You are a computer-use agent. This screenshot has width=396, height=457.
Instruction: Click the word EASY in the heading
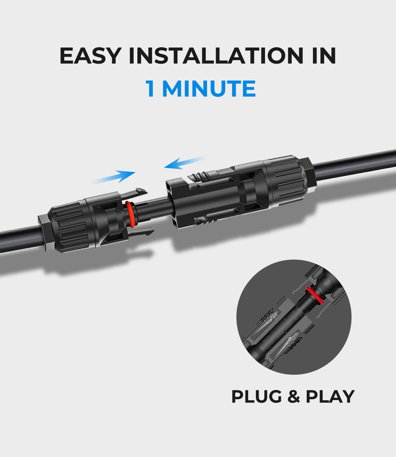[90, 55]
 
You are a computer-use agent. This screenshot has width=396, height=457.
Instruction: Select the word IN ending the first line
[324, 55]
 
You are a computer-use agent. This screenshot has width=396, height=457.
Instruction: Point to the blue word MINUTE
[209, 89]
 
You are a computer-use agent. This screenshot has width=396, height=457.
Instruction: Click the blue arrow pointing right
[113, 177]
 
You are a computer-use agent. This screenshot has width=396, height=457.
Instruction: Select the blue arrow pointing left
[185, 163]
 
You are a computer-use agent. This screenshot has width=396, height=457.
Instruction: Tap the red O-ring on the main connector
[130, 214]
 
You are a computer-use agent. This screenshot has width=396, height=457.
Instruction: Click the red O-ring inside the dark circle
[315, 295]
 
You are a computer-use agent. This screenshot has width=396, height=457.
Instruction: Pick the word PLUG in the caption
[256, 397]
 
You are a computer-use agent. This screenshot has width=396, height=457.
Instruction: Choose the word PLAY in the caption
[330, 397]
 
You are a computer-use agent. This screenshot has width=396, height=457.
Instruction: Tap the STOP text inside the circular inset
[278, 329]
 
